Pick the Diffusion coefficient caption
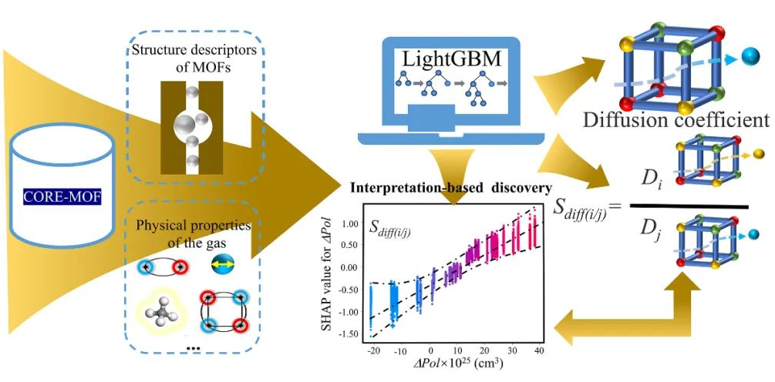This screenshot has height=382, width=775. [676, 120]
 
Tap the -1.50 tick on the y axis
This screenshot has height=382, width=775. [351, 335]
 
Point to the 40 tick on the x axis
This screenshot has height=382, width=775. [537, 350]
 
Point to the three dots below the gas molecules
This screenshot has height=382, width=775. [194, 348]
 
